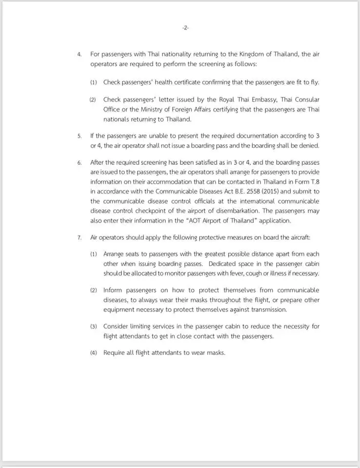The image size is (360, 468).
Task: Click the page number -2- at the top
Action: (185, 28)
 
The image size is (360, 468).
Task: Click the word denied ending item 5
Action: (309, 146)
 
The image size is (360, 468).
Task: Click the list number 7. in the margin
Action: (80, 237)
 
